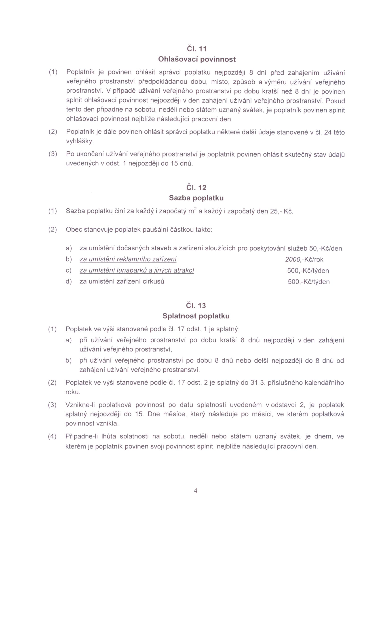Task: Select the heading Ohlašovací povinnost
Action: point(197,59)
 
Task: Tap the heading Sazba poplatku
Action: point(196,198)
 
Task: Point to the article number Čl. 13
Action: point(196,305)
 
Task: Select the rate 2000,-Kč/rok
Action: point(304,259)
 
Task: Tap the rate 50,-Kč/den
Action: point(325,248)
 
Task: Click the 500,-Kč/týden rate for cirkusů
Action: point(308,282)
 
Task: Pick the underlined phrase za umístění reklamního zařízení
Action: point(128,259)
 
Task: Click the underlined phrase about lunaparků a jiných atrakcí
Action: point(137,271)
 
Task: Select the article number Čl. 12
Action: point(196,188)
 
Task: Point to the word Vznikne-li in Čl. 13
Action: point(80,405)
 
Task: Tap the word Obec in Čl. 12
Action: point(74,230)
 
